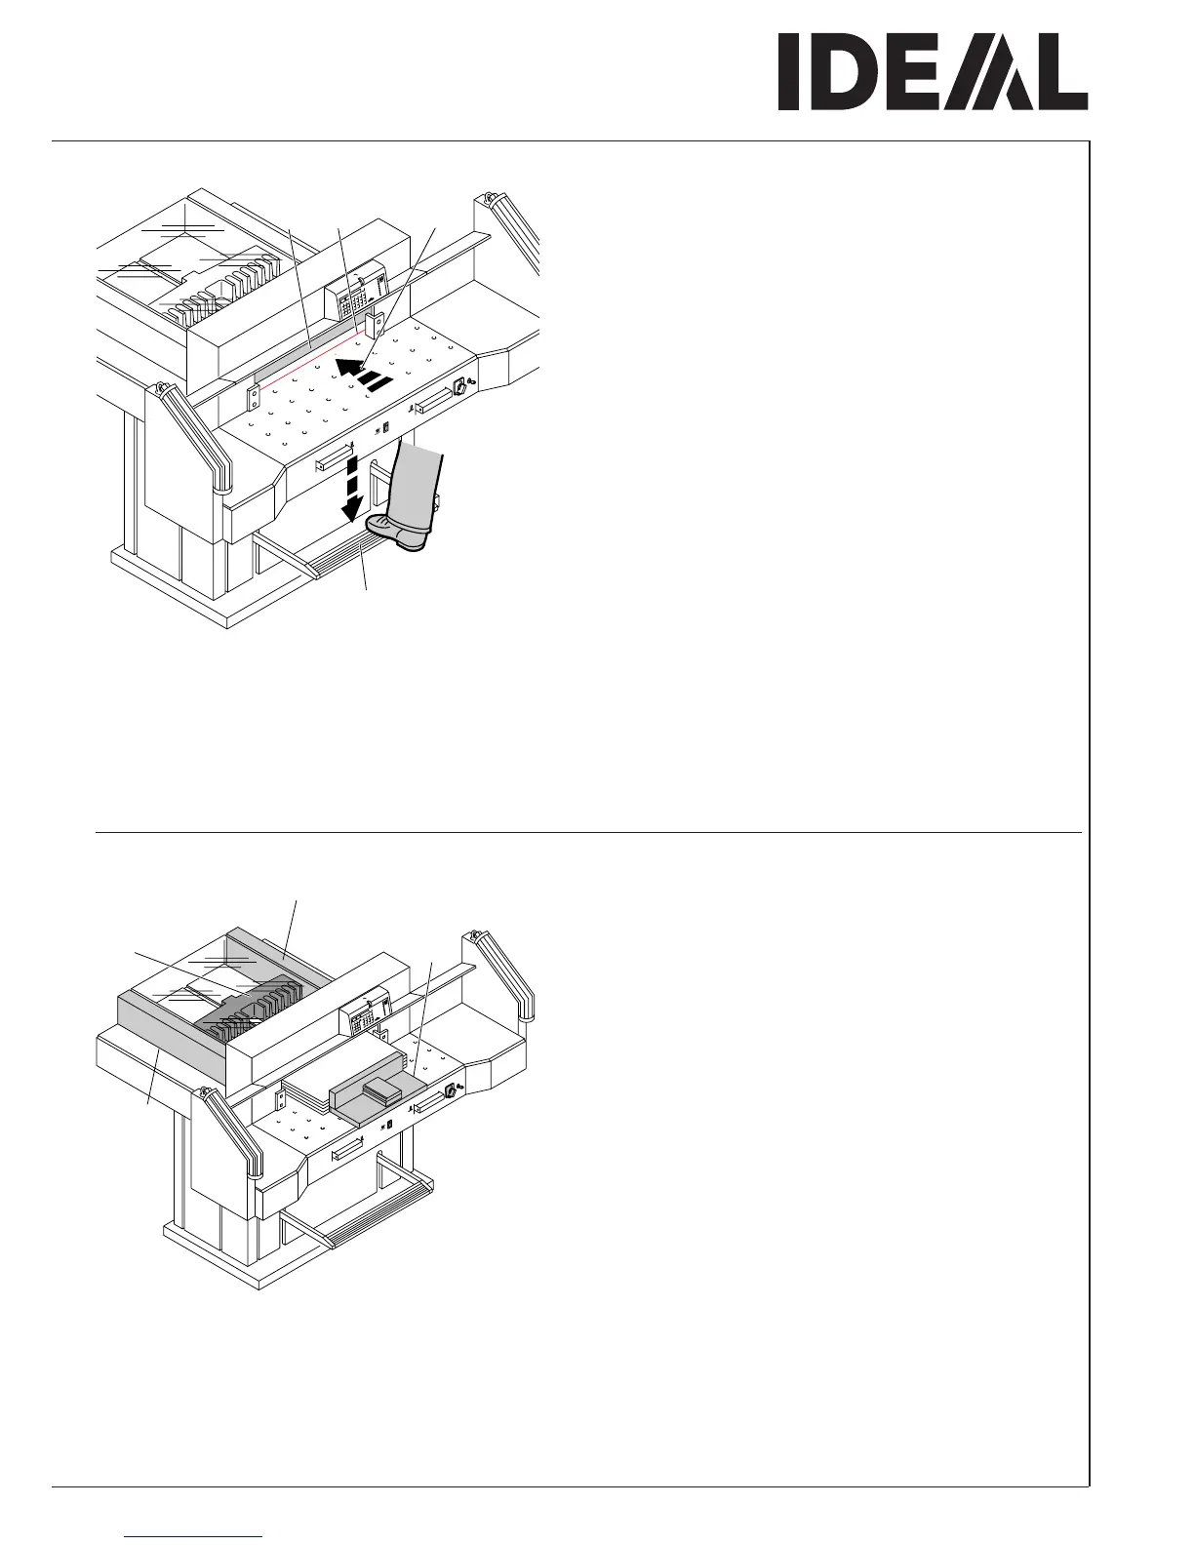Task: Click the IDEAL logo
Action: coord(932,73)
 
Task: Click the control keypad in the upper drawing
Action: coord(352,297)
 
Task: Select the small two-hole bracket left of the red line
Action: coord(254,396)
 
